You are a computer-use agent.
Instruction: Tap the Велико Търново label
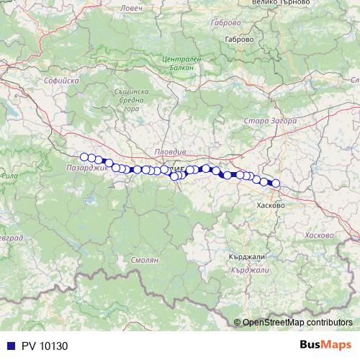260,2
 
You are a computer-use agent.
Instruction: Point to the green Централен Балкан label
176,61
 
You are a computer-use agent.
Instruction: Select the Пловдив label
171,153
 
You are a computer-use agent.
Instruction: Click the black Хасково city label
271,205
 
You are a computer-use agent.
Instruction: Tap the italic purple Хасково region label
319,235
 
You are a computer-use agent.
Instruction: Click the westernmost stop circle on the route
84,157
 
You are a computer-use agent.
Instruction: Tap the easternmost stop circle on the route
276,184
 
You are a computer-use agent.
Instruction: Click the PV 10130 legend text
44,345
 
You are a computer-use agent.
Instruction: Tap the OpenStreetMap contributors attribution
297,323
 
